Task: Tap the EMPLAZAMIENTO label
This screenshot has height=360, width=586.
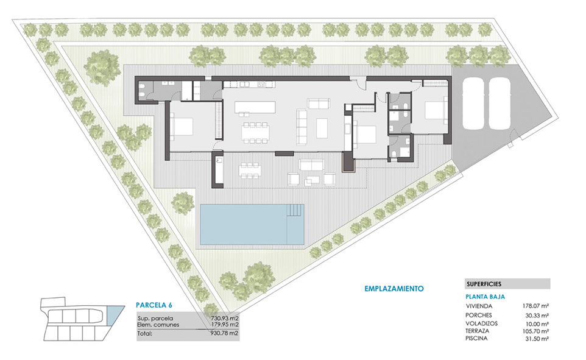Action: [394, 289]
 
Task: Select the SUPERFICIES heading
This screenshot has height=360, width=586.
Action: [484, 284]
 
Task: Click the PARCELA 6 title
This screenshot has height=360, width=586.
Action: [154, 305]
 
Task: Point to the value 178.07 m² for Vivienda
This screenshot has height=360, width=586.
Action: [535, 306]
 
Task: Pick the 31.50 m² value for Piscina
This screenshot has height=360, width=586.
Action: [537, 339]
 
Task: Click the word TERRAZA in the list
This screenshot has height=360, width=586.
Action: [477, 331]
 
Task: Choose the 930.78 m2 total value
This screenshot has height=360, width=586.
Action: [224, 333]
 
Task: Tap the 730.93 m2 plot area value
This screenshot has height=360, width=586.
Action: [224, 319]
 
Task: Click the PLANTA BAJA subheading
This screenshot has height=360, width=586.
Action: [485, 297]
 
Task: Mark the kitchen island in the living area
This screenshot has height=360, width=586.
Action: [255, 107]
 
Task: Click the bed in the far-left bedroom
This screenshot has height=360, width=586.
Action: [182, 127]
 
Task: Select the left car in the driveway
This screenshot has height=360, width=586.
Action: [473, 104]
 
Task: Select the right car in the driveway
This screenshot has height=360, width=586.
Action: [500, 104]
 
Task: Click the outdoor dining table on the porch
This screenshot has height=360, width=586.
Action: [250, 171]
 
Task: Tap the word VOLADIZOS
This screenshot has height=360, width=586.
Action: [482, 323]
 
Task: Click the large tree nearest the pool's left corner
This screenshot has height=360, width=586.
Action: [183, 203]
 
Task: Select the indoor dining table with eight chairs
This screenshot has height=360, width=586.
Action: [255, 133]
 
